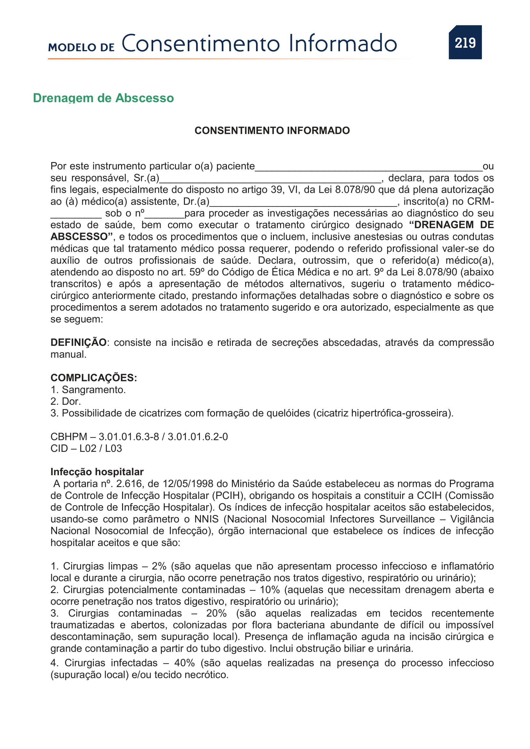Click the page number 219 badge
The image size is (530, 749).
(465, 42)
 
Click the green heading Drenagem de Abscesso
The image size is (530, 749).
(103, 98)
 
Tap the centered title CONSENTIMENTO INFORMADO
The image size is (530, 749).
(272, 130)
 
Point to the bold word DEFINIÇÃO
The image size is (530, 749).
(78, 343)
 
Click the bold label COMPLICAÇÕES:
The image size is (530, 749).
(94, 378)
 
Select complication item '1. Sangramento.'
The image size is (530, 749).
(88, 389)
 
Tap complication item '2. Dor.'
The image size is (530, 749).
(66, 401)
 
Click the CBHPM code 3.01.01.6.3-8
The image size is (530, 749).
(128, 436)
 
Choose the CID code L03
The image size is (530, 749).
(113, 448)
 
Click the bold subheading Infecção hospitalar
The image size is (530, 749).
(97, 472)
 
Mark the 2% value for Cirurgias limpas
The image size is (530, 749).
(159, 566)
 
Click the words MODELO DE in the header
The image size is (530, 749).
(81, 47)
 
